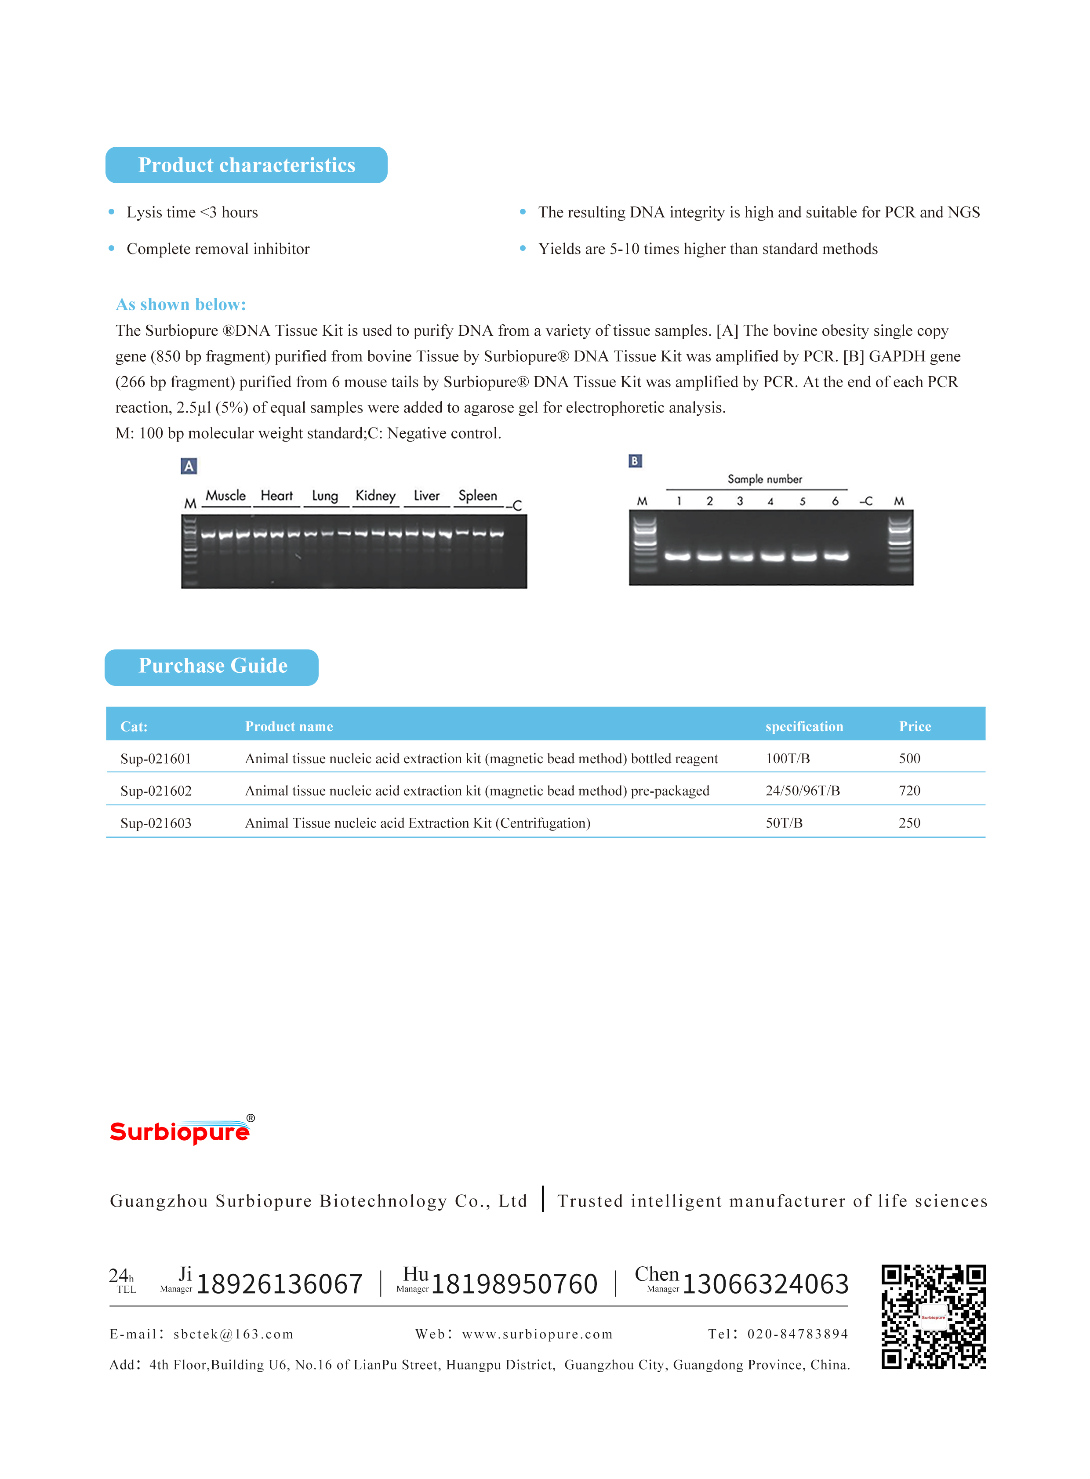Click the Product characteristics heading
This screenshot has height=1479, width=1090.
click(x=246, y=165)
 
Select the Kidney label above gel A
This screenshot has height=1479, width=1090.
click(x=375, y=496)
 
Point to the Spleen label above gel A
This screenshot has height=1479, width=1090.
click(x=478, y=496)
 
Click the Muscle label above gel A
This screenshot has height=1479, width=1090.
click(x=225, y=496)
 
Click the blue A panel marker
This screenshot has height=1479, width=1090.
click(x=189, y=466)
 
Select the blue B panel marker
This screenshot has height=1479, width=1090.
click(x=635, y=461)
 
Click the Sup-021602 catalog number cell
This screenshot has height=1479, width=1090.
click(x=156, y=790)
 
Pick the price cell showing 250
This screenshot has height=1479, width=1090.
click(x=909, y=823)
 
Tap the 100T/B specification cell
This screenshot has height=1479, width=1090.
click(x=787, y=759)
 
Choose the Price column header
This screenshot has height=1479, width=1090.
click(x=915, y=726)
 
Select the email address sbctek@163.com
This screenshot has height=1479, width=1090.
click(x=233, y=1334)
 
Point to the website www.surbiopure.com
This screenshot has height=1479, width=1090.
click(x=537, y=1334)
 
